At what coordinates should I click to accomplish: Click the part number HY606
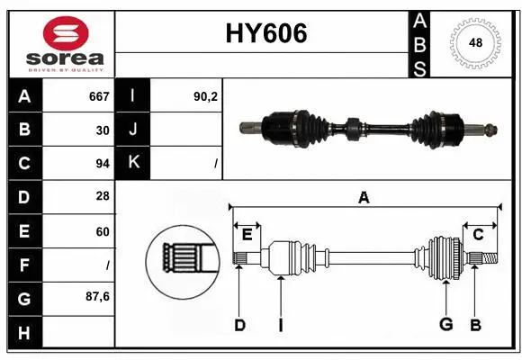point(264,34)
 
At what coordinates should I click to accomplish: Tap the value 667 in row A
point(99,96)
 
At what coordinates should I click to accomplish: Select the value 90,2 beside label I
point(206,96)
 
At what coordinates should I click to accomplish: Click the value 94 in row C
point(102,164)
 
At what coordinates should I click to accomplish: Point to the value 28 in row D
point(102,197)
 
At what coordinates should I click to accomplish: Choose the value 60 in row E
point(102,231)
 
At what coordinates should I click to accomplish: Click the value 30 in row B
point(102,130)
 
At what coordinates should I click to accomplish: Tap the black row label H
point(24,333)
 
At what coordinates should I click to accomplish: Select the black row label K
point(133,163)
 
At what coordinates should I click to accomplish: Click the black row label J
point(133,130)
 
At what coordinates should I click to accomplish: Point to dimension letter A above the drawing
point(364,198)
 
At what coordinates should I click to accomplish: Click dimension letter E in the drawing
point(247,235)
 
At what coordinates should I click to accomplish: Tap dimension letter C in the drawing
point(478,235)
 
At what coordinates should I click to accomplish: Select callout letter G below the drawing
point(445,325)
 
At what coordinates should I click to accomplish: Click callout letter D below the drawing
point(239,325)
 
